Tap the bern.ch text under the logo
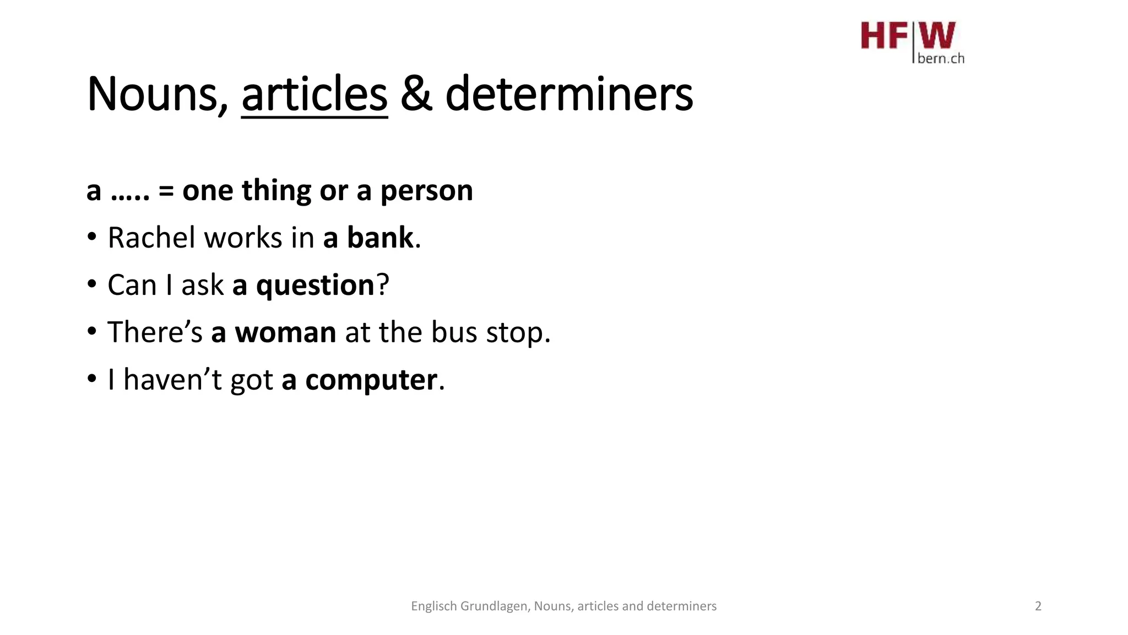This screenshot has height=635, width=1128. click(x=941, y=58)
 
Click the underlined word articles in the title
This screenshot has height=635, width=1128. click(x=314, y=94)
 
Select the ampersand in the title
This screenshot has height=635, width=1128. click(x=416, y=94)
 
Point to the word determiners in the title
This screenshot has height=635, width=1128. click(x=568, y=94)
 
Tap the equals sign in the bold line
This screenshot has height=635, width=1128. click(x=166, y=191)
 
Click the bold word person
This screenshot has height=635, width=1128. click(x=426, y=191)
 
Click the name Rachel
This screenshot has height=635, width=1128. click(x=151, y=238)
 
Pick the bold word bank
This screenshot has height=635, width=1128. click(x=379, y=238)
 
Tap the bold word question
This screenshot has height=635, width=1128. click(x=315, y=286)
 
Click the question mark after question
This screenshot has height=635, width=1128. click(x=383, y=285)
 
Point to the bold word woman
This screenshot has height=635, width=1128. click(x=285, y=332)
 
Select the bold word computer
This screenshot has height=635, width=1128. click(x=371, y=380)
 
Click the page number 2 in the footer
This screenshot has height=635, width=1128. click(x=1038, y=606)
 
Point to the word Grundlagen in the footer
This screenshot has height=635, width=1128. click(x=494, y=606)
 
